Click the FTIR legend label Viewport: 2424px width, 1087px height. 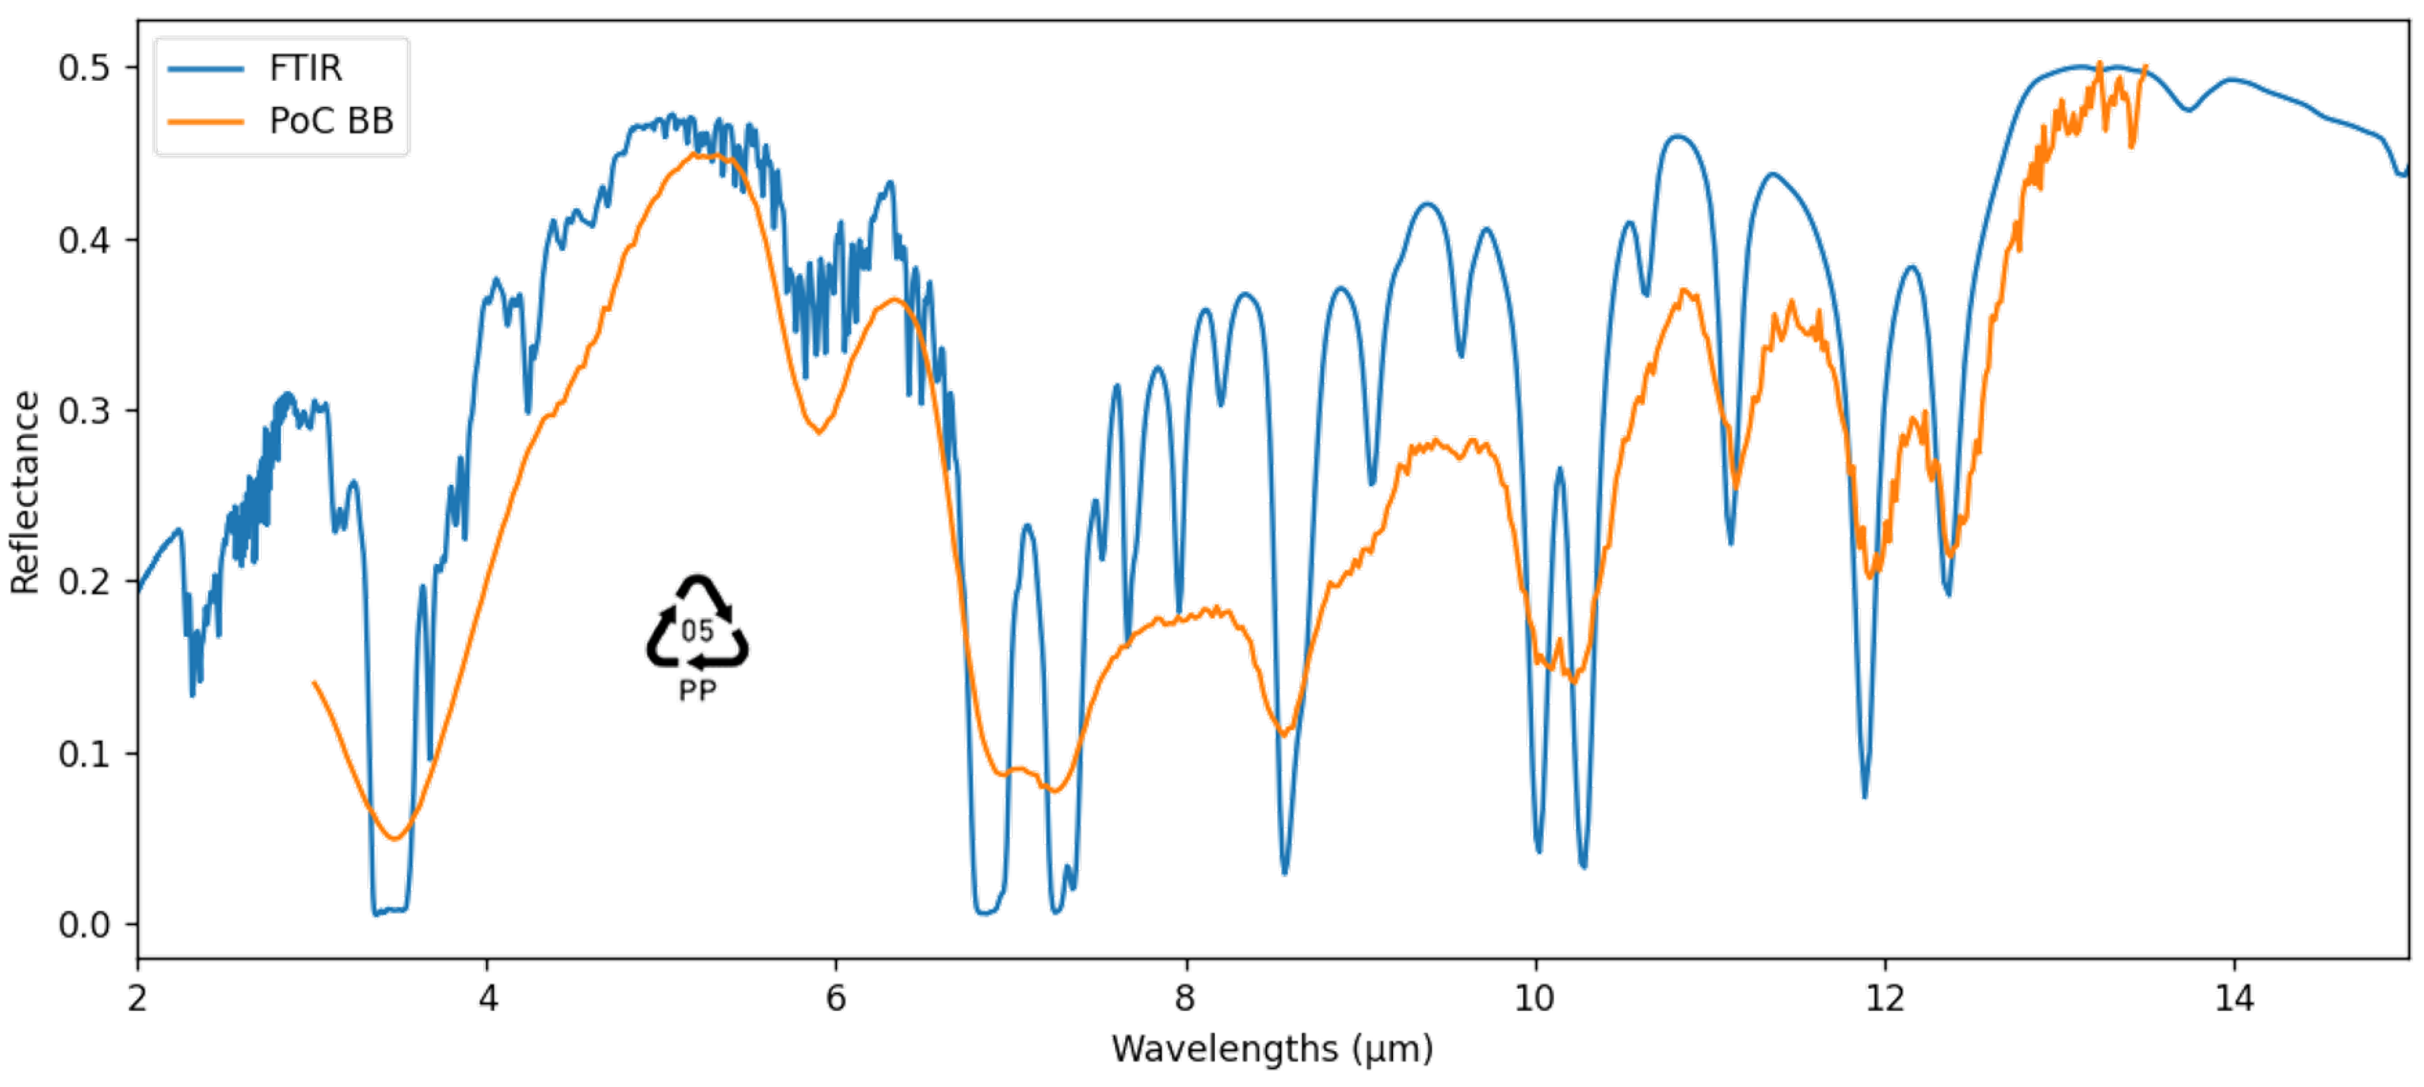pyautogui.click(x=305, y=69)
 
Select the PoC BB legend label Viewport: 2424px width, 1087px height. pyautogui.click(x=331, y=121)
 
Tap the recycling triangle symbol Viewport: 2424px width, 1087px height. pyautogui.click(x=697, y=623)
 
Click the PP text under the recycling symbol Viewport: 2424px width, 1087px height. pyautogui.click(x=697, y=692)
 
